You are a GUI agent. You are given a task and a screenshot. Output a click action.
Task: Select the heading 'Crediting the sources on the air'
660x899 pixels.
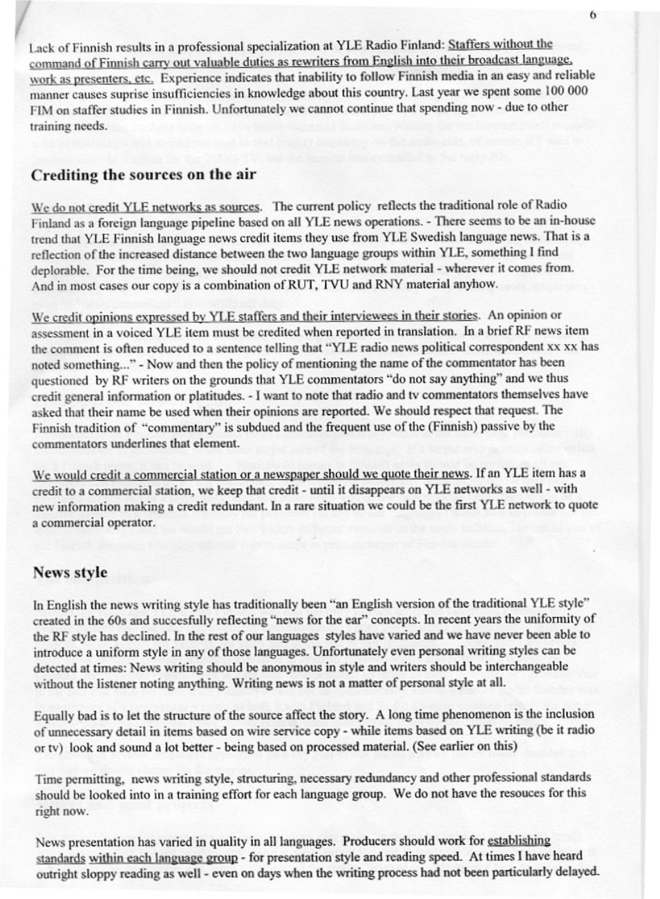(143, 174)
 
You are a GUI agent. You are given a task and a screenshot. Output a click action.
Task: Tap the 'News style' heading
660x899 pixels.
(70, 572)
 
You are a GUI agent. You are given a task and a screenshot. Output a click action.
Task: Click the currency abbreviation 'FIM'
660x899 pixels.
(41, 109)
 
